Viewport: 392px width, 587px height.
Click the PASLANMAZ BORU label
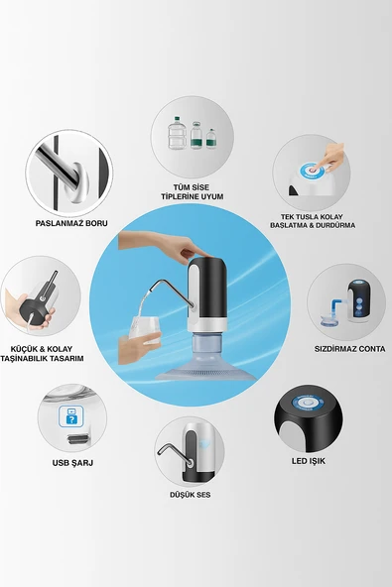[71, 223]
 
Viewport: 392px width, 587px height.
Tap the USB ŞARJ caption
[72, 463]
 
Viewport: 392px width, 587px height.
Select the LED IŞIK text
[309, 461]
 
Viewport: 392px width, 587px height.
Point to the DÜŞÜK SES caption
[190, 495]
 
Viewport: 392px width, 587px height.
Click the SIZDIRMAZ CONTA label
[349, 349]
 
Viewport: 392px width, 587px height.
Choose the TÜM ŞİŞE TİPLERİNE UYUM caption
[193, 191]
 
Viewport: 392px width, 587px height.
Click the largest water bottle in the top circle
[177, 133]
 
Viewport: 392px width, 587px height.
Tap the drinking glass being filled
[145, 330]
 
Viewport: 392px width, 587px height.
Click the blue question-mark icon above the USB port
[71, 416]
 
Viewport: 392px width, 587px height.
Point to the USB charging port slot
[78, 438]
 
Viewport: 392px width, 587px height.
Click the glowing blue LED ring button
[308, 403]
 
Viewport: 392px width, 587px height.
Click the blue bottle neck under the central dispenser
[206, 342]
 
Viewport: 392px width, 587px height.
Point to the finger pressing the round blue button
[327, 158]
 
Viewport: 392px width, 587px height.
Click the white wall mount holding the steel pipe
[79, 182]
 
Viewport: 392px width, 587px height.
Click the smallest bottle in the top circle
[211, 139]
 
